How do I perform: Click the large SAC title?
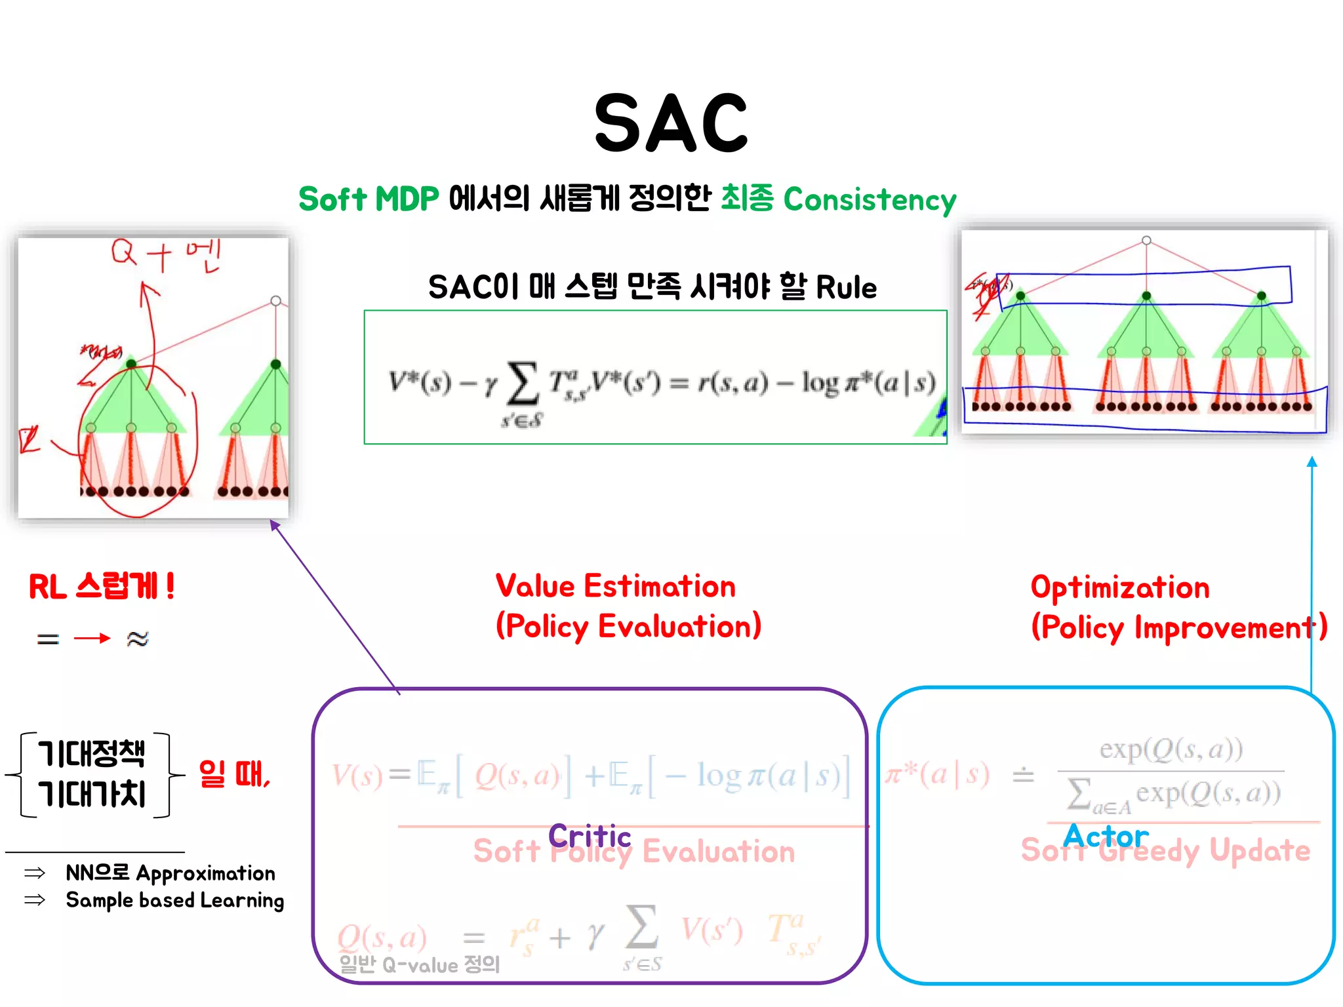click(x=671, y=123)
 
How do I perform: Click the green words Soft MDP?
click(x=369, y=199)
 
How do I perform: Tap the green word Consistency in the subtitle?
click(x=870, y=199)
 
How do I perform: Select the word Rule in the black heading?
click(x=846, y=287)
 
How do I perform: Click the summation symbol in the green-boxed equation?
click(x=523, y=384)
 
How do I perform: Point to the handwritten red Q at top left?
click(x=123, y=252)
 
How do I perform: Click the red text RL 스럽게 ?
click(x=102, y=586)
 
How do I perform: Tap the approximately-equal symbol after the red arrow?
click(x=138, y=638)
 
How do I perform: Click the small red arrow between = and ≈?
click(x=92, y=638)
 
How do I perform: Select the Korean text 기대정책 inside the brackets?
click(x=92, y=753)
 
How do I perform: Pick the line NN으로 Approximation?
click(x=170, y=873)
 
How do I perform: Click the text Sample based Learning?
click(x=175, y=900)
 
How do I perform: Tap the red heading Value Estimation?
click(x=615, y=586)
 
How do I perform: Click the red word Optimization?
click(x=1120, y=587)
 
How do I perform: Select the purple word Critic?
click(x=590, y=836)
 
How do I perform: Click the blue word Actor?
click(x=1106, y=836)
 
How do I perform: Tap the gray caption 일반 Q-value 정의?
click(x=420, y=964)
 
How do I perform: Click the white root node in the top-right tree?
click(x=1146, y=241)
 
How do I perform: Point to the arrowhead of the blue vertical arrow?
click(x=1312, y=462)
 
